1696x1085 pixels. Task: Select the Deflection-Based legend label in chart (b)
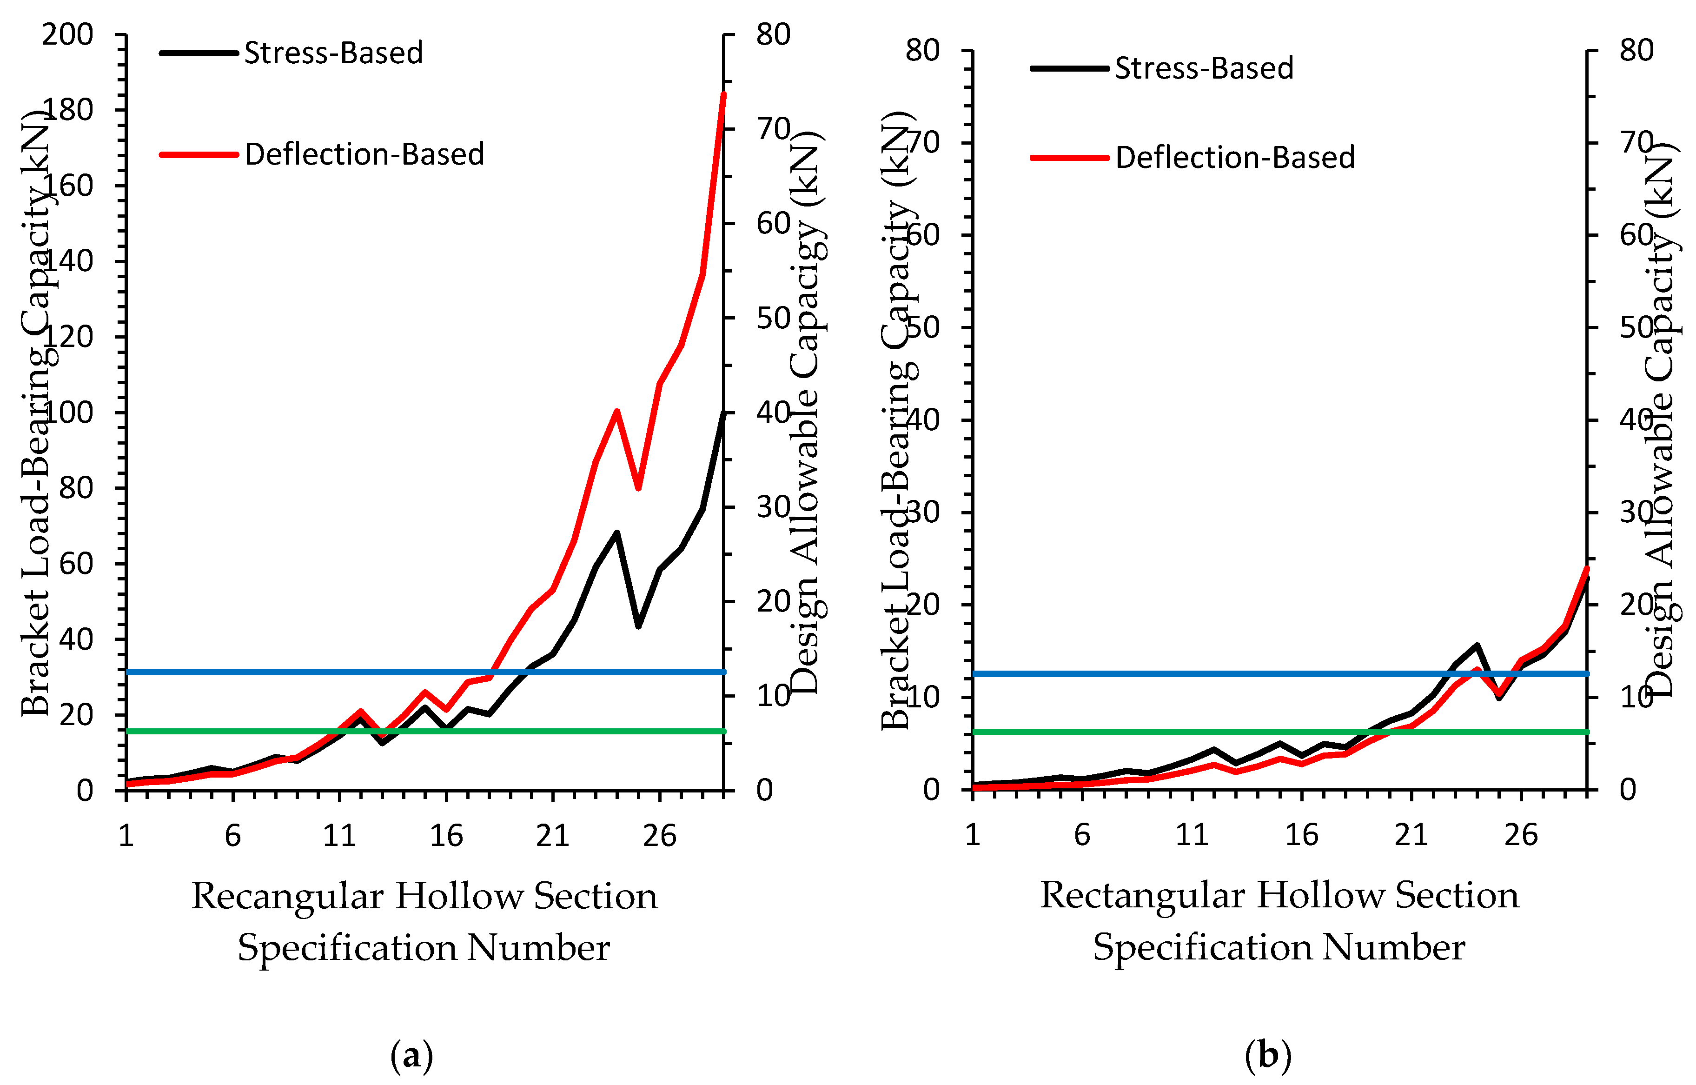point(1235,157)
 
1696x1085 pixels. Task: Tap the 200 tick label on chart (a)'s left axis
point(67,34)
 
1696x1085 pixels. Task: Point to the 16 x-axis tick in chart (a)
point(446,836)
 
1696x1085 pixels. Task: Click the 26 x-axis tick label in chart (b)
point(1521,835)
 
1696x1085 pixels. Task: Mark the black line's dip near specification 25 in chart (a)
point(638,626)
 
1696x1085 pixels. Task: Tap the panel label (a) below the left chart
point(411,1055)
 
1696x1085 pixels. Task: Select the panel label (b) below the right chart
point(1268,1055)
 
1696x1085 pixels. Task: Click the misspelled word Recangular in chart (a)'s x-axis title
point(287,896)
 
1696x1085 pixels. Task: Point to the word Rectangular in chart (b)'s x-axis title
point(1142,895)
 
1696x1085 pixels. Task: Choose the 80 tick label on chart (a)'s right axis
point(773,34)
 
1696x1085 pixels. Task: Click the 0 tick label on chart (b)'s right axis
point(1628,790)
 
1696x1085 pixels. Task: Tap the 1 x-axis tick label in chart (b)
point(973,835)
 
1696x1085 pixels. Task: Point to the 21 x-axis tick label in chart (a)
point(552,836)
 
